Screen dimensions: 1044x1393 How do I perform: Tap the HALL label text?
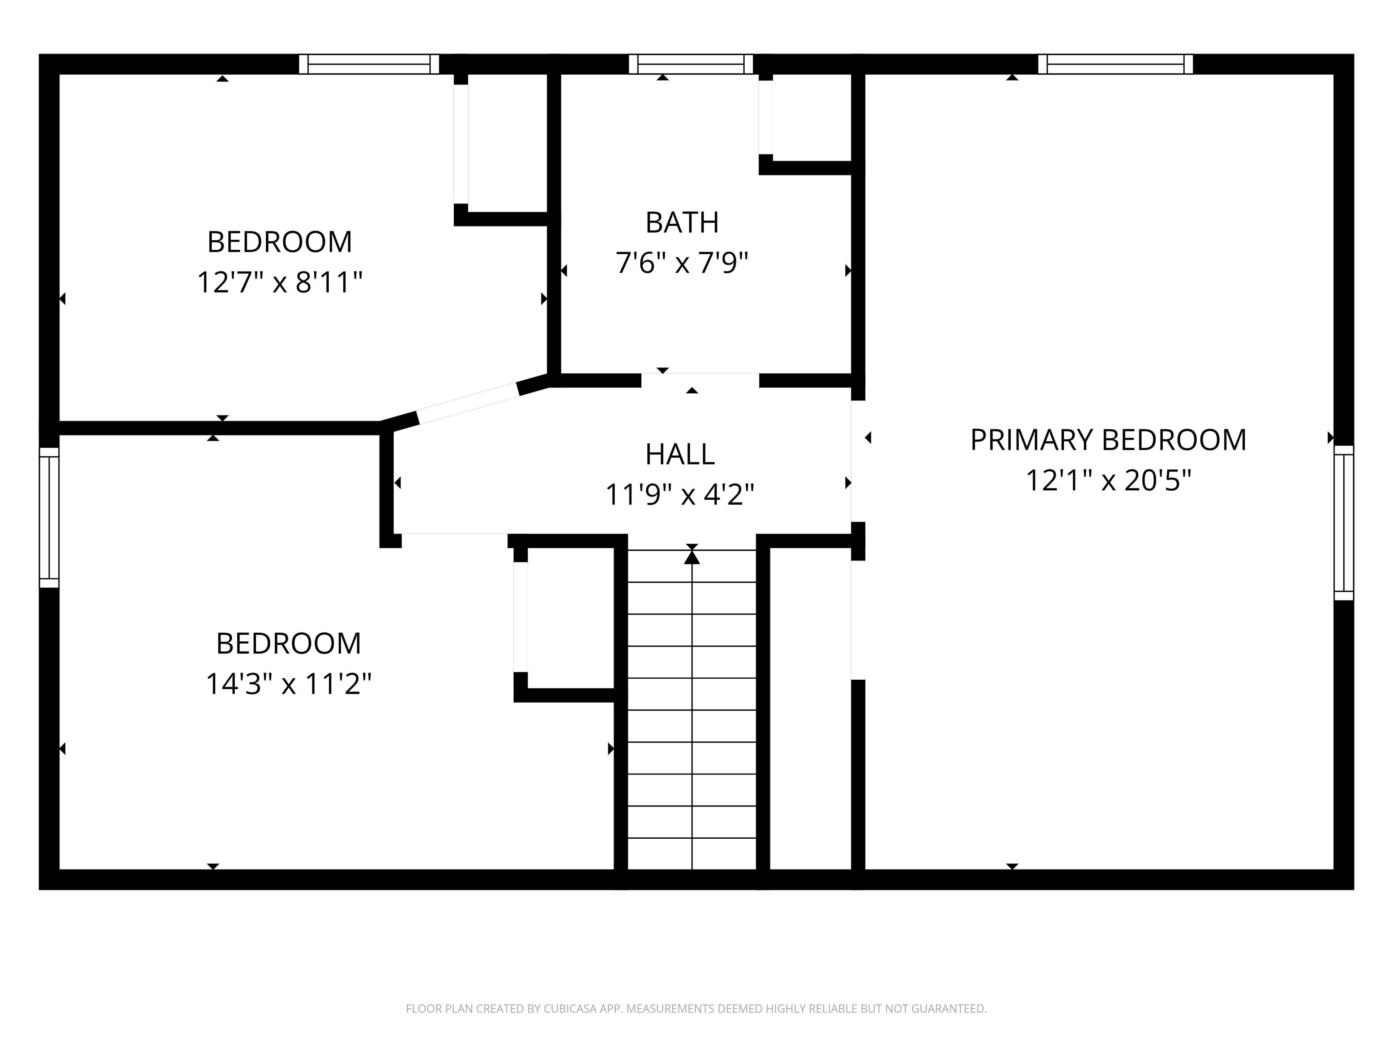click(x=680, y=454)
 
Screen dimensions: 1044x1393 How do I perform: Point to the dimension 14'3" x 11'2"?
click(x=288, y=683)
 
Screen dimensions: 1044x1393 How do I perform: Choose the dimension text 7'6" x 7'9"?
click(x=682, y=263)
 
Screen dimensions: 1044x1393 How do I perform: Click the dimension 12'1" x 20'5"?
click(x=1108, y=481)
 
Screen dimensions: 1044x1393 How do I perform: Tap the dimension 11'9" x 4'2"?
click(x=680, y=495)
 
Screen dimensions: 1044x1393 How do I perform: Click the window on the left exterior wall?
click(x=49, y=517)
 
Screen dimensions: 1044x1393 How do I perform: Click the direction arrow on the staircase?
click(x=692, y=556)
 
